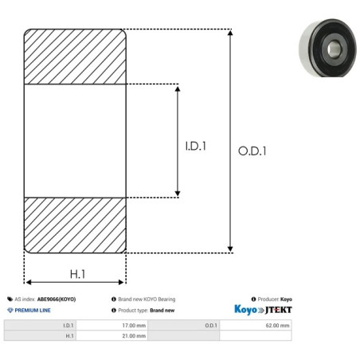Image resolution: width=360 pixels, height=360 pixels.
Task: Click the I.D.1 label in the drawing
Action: pos(196,147)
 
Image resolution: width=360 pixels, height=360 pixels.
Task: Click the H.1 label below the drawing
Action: pos(77,274)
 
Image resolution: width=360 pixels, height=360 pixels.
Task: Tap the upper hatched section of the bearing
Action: pos(75,56)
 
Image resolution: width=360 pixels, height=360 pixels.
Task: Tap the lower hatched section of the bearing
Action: pos(75,225)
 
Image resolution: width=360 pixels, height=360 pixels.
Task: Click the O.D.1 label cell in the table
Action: pos(211,325)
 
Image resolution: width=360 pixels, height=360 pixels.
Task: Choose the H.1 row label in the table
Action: pos(70,336)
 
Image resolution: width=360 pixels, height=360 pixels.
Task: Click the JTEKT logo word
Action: pos(278,309)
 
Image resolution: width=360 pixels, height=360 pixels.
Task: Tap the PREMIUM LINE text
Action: pos(32,310)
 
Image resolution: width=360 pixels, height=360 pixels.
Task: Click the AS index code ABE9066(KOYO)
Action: pos(56,299)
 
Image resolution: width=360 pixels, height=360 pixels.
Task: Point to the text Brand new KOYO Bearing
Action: pos(147,299)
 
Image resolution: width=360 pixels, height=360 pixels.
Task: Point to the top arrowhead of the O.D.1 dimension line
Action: pos(231,33)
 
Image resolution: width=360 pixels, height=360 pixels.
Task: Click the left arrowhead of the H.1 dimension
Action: pos(28,281)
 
